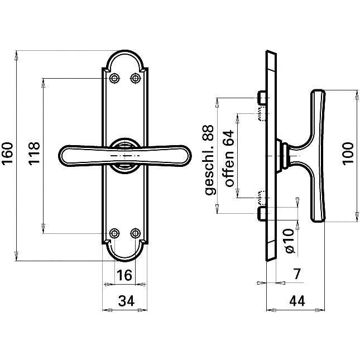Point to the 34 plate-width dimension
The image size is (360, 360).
[126, 301]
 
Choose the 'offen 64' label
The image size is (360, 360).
[228, 159]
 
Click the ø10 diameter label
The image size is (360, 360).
[289, 241]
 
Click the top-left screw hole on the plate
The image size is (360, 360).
[115, 78]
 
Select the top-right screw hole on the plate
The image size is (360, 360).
[135, 78]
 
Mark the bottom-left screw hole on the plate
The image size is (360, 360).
[115, 233]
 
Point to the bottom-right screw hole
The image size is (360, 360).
[135, 233]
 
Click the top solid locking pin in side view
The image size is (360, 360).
[261, 99]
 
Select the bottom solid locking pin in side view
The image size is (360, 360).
[261, 213]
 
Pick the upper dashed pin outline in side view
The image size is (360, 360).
[261, 114]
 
